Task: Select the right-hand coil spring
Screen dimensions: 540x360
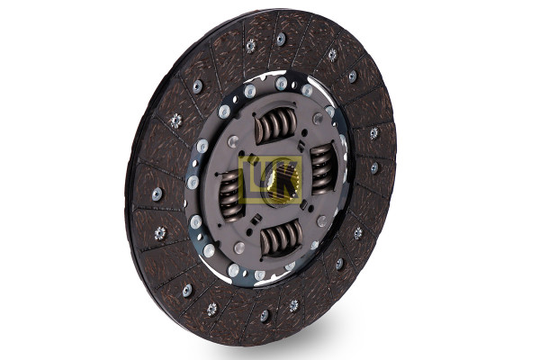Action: coord(323,169)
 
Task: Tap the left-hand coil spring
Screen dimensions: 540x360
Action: coord(230,194)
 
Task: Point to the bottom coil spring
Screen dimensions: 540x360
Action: coord(282,238)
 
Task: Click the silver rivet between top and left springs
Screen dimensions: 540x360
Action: coord(233,140)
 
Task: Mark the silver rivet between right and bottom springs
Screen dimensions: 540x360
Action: coord(322,220)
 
